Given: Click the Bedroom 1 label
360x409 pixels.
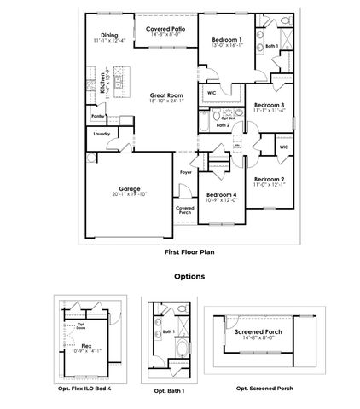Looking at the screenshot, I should (226, 40).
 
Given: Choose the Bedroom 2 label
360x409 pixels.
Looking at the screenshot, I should (270, 179).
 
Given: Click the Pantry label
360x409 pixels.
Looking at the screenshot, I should (97, 115).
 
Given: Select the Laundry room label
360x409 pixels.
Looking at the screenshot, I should (101, 134).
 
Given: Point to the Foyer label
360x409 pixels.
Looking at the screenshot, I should (185, 172).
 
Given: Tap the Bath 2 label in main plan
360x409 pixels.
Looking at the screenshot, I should (223, 124).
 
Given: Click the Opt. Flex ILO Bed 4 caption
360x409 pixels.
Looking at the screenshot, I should (86, 388).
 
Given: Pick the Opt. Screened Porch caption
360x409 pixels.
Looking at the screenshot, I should (265, 387).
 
